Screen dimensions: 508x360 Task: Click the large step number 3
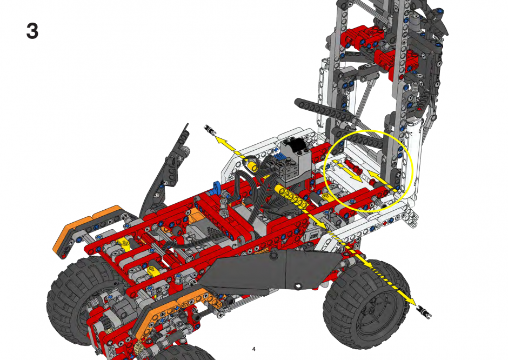[x=32, y=31]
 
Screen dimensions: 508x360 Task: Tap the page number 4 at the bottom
[x=253, y=349]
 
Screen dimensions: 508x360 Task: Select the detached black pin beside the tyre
[x=425, y=311]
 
